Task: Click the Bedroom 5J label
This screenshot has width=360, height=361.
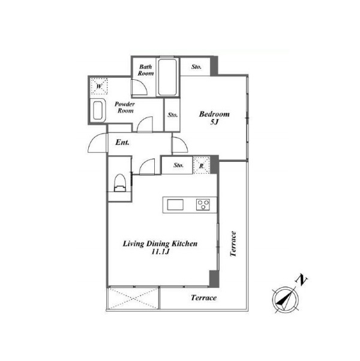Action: click(214, 118)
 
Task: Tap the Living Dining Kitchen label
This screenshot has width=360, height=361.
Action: click(160, 243)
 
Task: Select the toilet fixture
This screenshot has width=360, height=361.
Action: click(120, 183)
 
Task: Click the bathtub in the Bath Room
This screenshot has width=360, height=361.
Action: click(167, 77)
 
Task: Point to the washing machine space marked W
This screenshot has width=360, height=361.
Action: click(99, 86)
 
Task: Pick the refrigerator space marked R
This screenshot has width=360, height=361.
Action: click(202, 166)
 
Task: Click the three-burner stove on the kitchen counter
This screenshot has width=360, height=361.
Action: click(203, 204)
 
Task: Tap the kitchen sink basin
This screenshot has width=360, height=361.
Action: click(175, 204)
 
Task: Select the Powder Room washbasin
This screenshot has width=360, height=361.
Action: click(98, 110)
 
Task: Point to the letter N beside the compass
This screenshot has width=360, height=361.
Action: click(301, 279)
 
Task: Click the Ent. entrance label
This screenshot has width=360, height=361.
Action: click(122, 142)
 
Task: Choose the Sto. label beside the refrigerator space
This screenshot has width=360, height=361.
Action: click(179, 165)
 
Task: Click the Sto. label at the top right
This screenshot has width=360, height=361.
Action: click(196, 67)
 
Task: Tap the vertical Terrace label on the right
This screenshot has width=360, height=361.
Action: click(233, 244)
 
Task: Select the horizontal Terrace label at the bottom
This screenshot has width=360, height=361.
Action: click(203, 297)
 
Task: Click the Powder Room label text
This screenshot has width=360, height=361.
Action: click(125, 107)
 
